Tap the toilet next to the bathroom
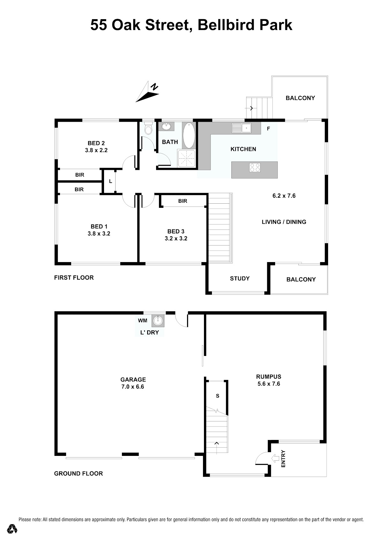(x=148, y=129)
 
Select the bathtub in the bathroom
(x=189, y=135)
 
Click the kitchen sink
(x=241, y=128)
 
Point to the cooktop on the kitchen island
(x=255, y=168)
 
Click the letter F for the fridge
(x=268, y=129)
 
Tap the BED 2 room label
(x=96, y=143)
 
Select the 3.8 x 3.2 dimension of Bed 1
(x=99, y=234)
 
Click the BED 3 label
(x=176, y=231)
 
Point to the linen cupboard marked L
(x=110, y=181)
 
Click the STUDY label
(x=240, y=279)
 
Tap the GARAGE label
(x=133, y=380)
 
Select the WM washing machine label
(x=143, y=321)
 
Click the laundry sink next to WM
(x=158, y=321)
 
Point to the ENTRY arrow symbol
(x=275, y=458)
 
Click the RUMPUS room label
(x=269, y=377)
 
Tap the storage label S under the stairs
(x=218, y=396)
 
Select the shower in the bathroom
(x=186, y=159)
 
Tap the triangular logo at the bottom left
(x=12, y=529)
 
